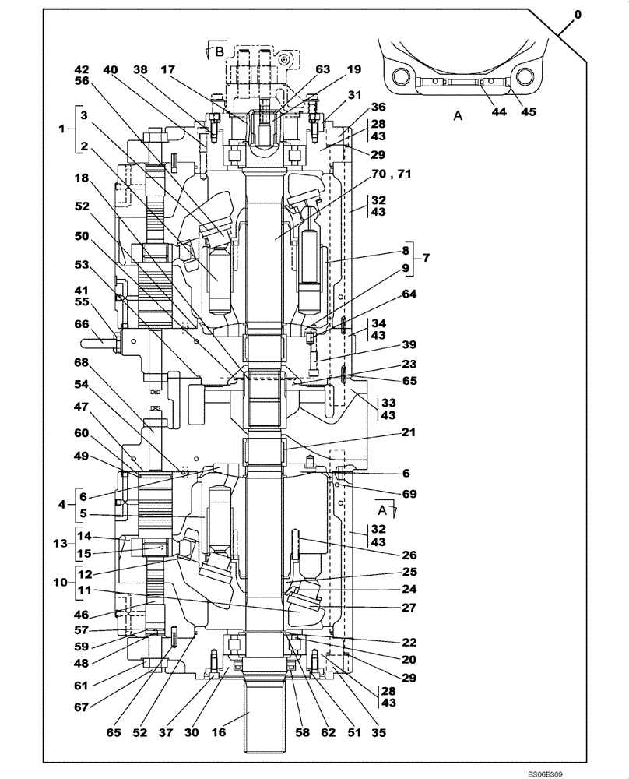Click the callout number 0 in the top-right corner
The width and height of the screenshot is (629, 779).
(577, 14)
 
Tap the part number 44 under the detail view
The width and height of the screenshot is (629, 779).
(499, 111)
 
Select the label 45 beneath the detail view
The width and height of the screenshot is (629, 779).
(529, 111)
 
